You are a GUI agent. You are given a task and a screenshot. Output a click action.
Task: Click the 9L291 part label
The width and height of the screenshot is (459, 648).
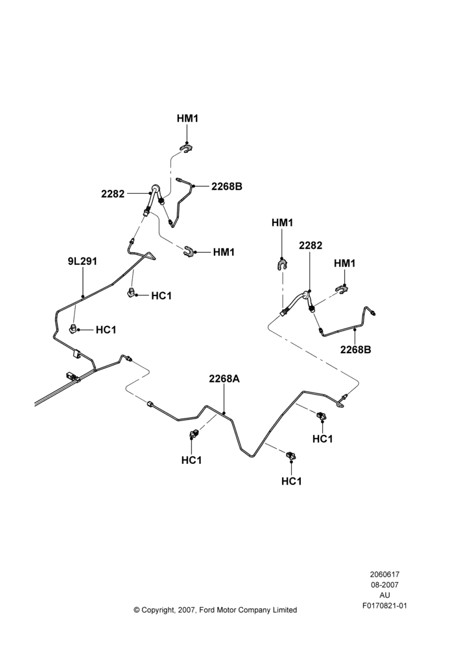[82, 262]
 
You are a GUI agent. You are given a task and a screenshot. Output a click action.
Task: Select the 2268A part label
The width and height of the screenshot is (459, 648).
[224, 379]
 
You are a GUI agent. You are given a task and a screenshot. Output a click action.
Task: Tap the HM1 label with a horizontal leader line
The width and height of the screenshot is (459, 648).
[224, 252]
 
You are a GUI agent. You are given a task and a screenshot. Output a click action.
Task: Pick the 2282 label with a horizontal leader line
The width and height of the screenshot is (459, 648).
[113, 194]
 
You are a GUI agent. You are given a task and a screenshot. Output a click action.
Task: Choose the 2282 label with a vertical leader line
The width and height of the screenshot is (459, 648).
[311, 246]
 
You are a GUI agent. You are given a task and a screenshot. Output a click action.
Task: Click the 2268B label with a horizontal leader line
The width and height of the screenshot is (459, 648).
[227, 187]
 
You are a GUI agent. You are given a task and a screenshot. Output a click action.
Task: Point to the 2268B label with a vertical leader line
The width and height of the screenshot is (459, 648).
[356, 350]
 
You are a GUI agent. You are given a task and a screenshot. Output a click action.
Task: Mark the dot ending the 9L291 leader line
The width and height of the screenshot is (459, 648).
[83, 296]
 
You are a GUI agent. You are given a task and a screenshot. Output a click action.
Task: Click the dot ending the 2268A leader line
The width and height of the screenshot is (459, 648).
[224, 412]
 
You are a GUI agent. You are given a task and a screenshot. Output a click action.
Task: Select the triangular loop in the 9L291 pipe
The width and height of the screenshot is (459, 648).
[150, 257]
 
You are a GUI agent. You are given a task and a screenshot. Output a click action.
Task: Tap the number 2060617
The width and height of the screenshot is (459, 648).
[384, 574]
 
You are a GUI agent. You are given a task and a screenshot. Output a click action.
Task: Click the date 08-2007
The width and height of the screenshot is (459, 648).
[384, 584]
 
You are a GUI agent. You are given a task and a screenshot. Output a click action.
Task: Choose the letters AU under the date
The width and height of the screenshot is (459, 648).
[384, 596]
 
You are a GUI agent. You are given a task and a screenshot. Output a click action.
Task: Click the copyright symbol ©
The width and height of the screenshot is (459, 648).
[137, 610]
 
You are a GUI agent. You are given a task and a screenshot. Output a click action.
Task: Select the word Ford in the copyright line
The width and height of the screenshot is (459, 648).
[208, 610]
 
